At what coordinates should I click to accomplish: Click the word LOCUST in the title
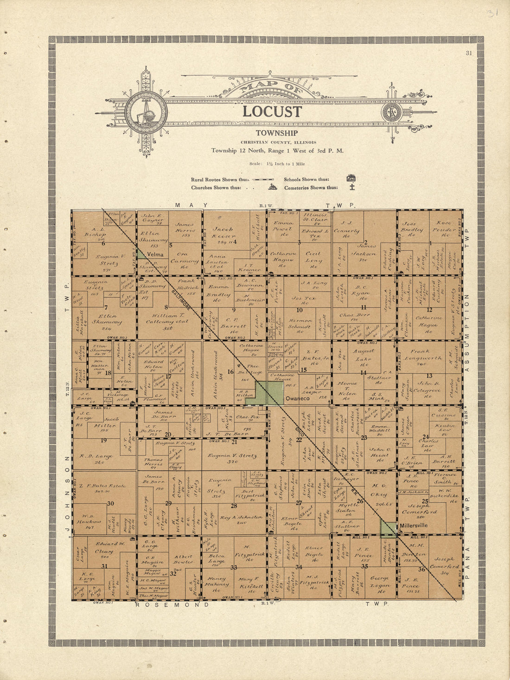[272, 112]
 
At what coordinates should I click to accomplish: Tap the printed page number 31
[469, 53]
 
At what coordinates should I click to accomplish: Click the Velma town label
[155, 255]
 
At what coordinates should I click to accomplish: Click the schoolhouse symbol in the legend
[351, 179]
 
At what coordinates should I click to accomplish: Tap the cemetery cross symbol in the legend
[352, 187]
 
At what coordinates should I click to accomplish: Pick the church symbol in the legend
[273, 187]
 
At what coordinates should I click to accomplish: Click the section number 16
[230, 372]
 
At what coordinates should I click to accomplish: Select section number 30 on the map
[110, 503]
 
